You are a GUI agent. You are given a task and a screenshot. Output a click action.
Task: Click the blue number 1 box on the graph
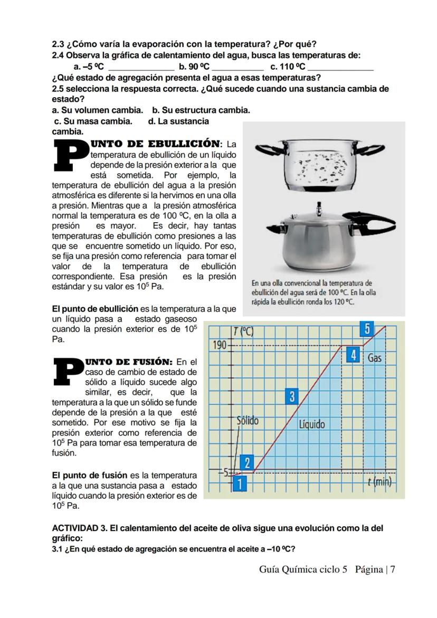tap(240, 483)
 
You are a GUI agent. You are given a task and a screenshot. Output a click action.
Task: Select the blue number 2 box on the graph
tap(247, 463)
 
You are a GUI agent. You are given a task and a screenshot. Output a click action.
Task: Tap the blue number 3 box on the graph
tap(292, 396)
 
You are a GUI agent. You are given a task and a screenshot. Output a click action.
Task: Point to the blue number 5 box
tap(367, 329)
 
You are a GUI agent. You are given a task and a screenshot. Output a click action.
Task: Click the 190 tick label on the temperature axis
tap(219, 346)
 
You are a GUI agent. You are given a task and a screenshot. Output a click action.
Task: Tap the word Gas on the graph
tap(374, 358)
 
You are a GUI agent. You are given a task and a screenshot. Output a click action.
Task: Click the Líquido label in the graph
tap(312, 424)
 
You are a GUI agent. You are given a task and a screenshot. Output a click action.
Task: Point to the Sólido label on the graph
tap(247, 421)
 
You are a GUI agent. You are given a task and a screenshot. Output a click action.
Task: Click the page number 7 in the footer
tap(393, 569)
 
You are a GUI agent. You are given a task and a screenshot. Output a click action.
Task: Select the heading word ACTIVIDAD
tap(75, 528)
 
